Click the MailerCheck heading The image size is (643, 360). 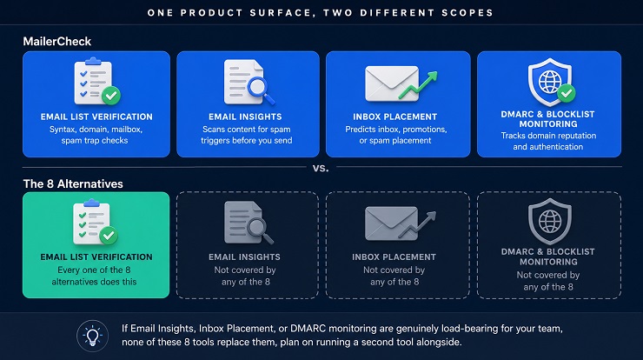click(57, 42)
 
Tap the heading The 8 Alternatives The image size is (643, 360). click(73, 183)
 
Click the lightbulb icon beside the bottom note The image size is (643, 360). click(93, 336)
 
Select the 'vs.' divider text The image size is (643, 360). click(321, 168)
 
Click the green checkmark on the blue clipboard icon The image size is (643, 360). click(111, 96)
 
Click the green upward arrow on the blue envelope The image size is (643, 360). click(419, 85)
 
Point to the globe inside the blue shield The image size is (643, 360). click(549, 82)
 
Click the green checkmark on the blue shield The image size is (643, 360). click(567, 94)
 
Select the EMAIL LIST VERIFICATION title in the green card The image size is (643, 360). click(96, 257)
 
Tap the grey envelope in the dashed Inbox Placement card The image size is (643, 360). click(391, 223)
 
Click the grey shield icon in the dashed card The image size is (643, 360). click(549, 222)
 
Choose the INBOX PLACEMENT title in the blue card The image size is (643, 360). click(394, 117)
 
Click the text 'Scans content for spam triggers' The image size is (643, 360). click(247, 135)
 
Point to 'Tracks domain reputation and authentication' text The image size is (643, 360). click(548, 141)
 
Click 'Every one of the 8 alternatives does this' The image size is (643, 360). click(95, 276)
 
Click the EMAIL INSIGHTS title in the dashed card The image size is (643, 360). click(244, 257)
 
